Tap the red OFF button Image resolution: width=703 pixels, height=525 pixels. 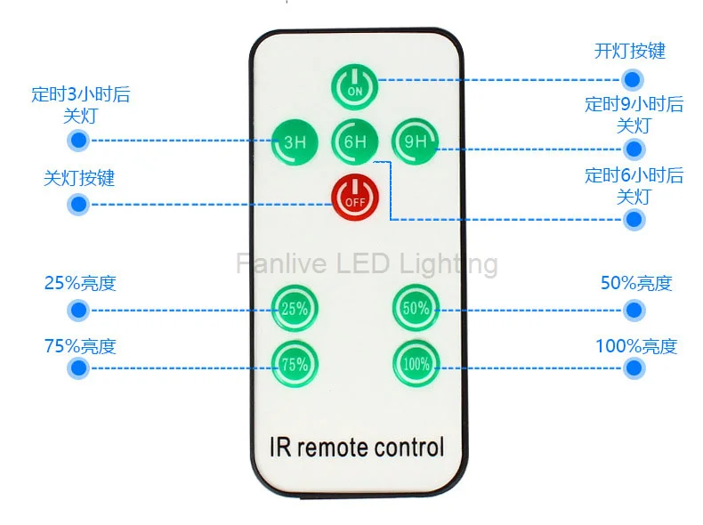click(x=355, y=198)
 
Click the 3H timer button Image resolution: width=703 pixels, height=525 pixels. click(x=295, y=142)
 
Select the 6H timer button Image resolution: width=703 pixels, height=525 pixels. click(x=355, y=142)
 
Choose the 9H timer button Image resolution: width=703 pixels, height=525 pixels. click(x=416, y=142)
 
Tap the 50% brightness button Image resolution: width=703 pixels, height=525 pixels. click(x=416, y=308)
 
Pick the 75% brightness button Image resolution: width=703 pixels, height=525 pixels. click(x=295, y=364)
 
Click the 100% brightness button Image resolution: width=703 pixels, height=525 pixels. click(x=416, y=364)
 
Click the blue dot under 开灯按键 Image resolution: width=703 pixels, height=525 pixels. click(x=632, y=80)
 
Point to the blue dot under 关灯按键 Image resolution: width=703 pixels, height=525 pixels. click(x=78, y=205)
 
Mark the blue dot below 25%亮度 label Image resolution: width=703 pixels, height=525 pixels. click(x=78, y=311)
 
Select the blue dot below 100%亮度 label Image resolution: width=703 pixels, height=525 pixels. click(x=634, y=368)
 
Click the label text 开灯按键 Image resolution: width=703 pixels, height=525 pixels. click(x=629, y=51)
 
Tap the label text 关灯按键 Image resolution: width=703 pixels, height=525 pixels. click(x=79, y=178)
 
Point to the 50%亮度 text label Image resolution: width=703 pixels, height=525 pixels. click(x=636, y=283)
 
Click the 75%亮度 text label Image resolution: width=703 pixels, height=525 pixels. click(x=80, y=346)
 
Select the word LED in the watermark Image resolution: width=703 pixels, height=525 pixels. click(x=363, y=263)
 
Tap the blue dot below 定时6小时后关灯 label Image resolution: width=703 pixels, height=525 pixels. click(x=634, y=220)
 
